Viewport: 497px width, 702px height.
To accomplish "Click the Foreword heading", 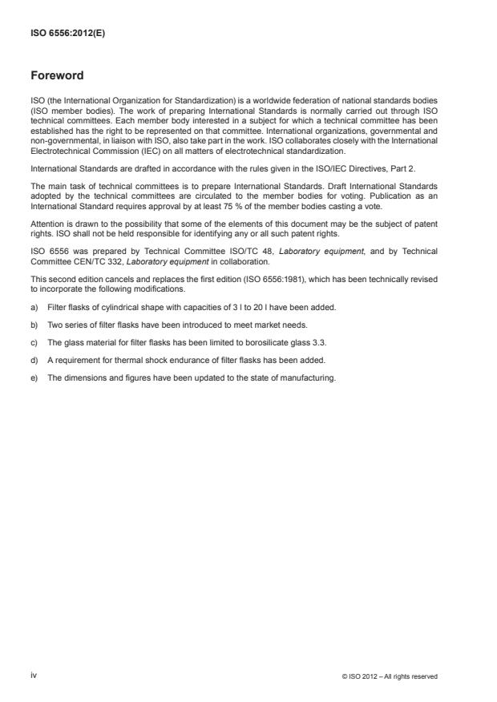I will coord(56,75).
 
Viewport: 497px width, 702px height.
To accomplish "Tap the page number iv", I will coord(34,676).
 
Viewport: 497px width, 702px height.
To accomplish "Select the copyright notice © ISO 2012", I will coord(389,676).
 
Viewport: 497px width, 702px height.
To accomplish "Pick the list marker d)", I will coord(34,362).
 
